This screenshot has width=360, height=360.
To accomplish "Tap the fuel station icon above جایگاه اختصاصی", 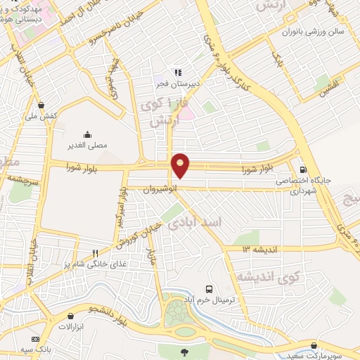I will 303,169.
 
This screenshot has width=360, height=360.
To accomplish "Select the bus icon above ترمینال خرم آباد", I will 208,289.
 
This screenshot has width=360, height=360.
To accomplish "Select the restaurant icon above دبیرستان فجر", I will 177,72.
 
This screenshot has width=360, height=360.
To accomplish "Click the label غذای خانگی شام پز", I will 84,263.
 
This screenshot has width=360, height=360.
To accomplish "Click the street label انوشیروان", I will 157,188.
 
